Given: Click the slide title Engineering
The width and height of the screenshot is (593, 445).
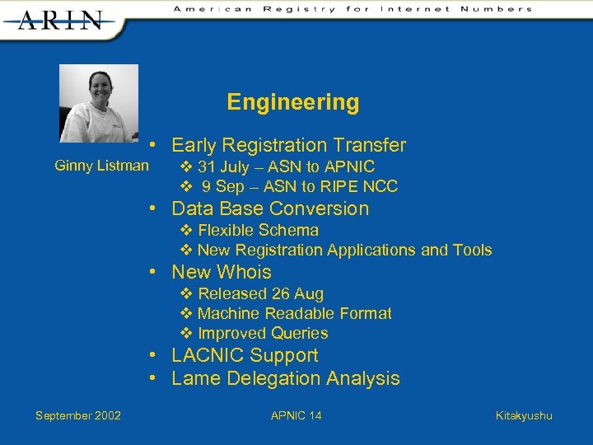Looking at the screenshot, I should (x=293, y=102).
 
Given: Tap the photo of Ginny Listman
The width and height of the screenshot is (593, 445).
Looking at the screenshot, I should (x=99, y=103).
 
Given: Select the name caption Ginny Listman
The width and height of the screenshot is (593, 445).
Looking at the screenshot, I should (x=101, y=166).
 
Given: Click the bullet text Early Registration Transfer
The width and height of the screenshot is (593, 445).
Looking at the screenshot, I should (x=288, y=146).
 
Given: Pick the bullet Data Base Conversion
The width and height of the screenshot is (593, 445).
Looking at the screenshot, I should (x=270, y=208).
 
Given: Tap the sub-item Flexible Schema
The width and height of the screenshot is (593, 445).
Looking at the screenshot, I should (x=258, y=230).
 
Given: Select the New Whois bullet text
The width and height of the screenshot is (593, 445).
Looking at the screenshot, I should (x=221, y=272).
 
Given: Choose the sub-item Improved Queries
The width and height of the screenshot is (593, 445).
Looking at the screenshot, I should (x=263, y=333).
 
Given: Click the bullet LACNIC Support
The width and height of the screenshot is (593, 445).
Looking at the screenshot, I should (x=245, y=355).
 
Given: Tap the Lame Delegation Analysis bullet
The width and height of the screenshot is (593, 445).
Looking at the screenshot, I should (x=285, y=378).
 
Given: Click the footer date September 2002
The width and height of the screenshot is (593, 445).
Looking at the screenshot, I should (x=78, y=415).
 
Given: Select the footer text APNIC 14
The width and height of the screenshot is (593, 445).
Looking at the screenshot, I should (x=296, y=415).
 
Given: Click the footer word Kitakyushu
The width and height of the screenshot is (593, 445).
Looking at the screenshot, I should (x=524, y=415).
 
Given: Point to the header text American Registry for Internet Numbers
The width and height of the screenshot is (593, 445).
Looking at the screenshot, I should (x=353, y=9).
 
